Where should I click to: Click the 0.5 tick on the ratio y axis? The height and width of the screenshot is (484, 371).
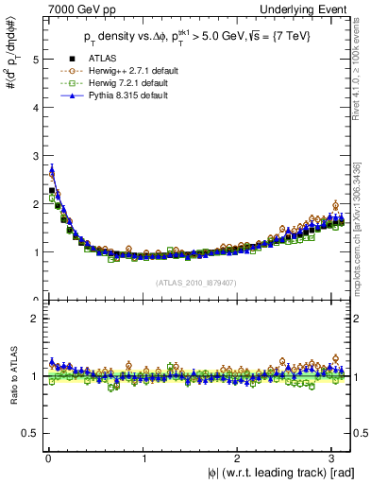coord(29,433)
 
